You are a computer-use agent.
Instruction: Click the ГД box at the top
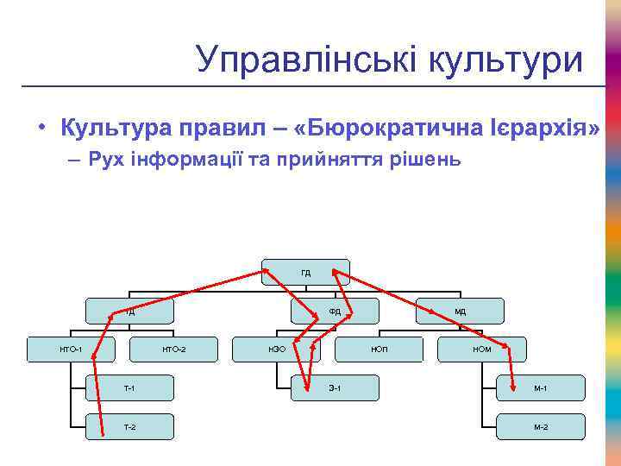(x=306, y=272)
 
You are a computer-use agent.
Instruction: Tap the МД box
(x=461, y=311)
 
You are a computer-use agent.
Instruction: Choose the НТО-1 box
(x=71, y=349)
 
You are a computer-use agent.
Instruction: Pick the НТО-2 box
(x=173, y=349)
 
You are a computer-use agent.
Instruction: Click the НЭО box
(x=277, y=349)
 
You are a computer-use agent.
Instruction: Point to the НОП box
(x=379, y=349)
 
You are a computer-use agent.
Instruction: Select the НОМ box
(x=482, y=349)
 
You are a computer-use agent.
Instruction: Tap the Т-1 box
(x=129, y=388)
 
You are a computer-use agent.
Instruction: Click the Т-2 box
(x=129, y=427)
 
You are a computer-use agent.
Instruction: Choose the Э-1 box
(x=336, y=388)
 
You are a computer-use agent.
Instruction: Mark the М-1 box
(x=541, y=388)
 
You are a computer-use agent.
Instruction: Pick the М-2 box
(x=541, y=427)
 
